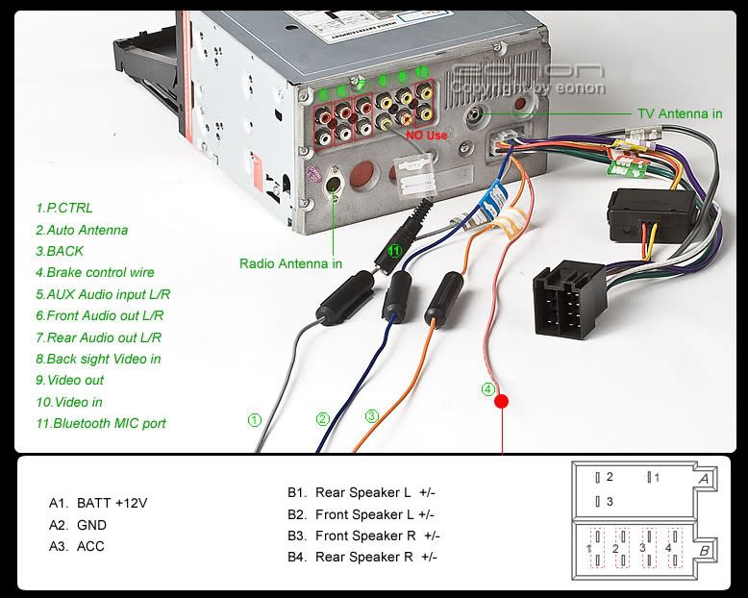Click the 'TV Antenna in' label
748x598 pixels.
[680, 113]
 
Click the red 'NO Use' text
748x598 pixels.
[427, 136]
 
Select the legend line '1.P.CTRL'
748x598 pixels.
[64, 208]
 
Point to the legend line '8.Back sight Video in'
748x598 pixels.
[98, 359]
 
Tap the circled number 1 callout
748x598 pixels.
[254, 420]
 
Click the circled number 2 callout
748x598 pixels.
[323, 419]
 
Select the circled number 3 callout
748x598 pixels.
[371, 416]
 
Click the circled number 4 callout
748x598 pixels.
[488, 389]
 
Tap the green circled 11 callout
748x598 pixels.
[394, 251]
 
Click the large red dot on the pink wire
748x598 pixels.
[501, 402]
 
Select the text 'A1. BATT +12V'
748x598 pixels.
[98, 503]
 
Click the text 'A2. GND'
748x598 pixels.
[78, 525]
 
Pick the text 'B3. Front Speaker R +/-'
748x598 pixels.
[363, 536]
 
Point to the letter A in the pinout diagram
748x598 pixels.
[704, 479]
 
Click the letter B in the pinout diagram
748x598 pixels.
[705, 551]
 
